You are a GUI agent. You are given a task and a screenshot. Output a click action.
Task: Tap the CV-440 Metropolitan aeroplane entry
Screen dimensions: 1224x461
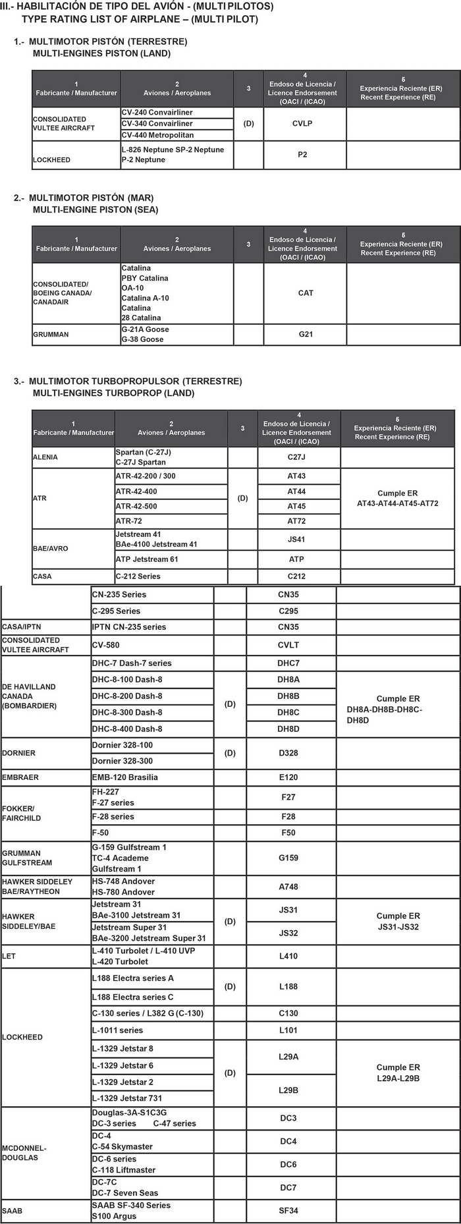coord(157,135)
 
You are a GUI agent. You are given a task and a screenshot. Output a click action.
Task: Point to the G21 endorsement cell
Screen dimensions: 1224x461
coord(306,335)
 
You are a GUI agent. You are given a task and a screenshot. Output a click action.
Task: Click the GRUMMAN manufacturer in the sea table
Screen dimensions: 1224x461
coord(51,335)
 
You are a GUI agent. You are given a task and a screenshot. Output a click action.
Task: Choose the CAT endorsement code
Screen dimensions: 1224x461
coord(306,293)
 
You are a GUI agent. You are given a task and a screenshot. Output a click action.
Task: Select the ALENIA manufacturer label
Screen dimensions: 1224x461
coord(45,457)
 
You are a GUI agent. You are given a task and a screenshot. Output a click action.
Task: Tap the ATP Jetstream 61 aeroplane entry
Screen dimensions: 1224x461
coord(147,559)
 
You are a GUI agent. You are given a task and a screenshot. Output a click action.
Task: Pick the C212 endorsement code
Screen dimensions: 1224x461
coord(297,576)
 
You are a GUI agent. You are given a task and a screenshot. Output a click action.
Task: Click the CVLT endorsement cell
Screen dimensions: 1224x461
coord(288,646)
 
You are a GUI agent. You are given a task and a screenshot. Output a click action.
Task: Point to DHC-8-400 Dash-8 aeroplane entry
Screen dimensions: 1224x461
coord(127,729)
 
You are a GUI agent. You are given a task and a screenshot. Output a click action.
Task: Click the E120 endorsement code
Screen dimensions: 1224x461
coord(288,777)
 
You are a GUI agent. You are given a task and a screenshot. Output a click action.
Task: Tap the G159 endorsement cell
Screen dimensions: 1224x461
coord(288,858)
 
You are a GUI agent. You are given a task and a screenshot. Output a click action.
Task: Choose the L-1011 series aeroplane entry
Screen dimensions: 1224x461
coord(117,1030)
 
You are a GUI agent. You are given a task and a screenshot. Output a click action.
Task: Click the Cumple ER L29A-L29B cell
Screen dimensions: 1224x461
coord(398,1072)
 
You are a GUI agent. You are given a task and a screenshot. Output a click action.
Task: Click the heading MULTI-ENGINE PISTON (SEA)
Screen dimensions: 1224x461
coord(95,209)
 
